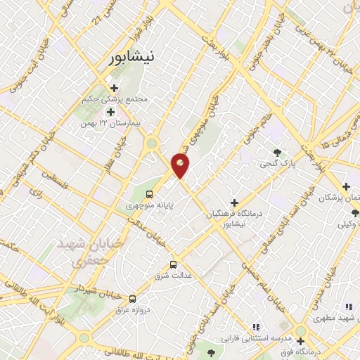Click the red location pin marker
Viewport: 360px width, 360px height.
(x=181, y=166)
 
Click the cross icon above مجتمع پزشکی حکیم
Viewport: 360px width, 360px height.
(x=114, y=88)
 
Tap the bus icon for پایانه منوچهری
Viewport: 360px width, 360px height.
(x=149, y=193)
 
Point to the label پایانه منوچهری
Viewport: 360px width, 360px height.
(x=149, y=206)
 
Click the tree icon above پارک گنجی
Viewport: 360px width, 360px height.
(x=280, y=152)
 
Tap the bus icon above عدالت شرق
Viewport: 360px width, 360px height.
(x=174, y=264)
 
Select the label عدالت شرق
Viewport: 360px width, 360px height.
(x=174, y=276)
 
